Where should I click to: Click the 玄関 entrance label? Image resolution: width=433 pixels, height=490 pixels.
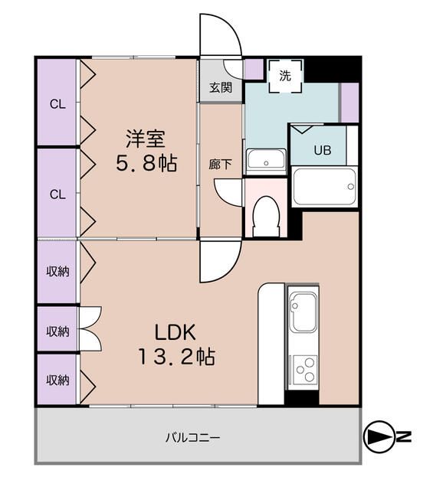tap(221, 87)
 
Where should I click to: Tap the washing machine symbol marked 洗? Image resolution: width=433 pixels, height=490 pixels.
tap(285, 75)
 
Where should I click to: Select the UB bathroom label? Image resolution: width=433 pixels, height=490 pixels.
tap(322, 151)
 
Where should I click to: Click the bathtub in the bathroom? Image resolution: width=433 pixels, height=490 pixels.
tap(325, 186)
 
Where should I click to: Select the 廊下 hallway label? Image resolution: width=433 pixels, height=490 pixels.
tap(221, 164)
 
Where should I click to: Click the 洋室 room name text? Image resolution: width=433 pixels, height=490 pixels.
tap(146, 139)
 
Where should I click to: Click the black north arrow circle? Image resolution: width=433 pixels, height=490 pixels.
tap(378, 437)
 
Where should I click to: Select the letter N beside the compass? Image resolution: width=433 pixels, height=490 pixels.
tap(404, 437)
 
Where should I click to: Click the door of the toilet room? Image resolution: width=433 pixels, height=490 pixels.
tap(228, 191)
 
